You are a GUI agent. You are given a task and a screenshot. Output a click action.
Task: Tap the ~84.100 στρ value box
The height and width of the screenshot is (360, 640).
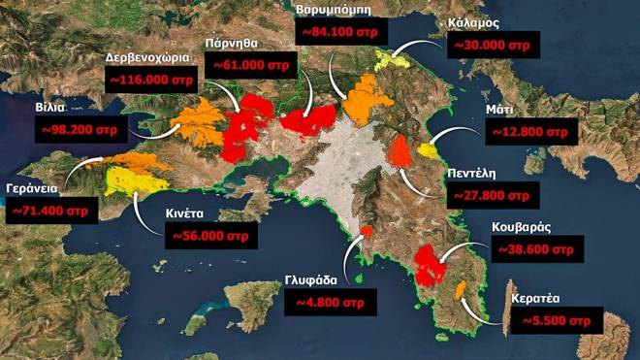(341, 32)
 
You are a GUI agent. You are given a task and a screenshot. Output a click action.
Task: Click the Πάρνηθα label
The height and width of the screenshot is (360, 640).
(231, 44)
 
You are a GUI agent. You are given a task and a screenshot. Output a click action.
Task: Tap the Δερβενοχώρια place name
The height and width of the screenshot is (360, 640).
(146, 58)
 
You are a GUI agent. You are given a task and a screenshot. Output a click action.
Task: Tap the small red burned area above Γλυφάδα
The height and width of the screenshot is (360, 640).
(367, 231)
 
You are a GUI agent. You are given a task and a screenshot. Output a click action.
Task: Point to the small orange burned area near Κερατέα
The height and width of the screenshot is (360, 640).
(460, 288)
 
